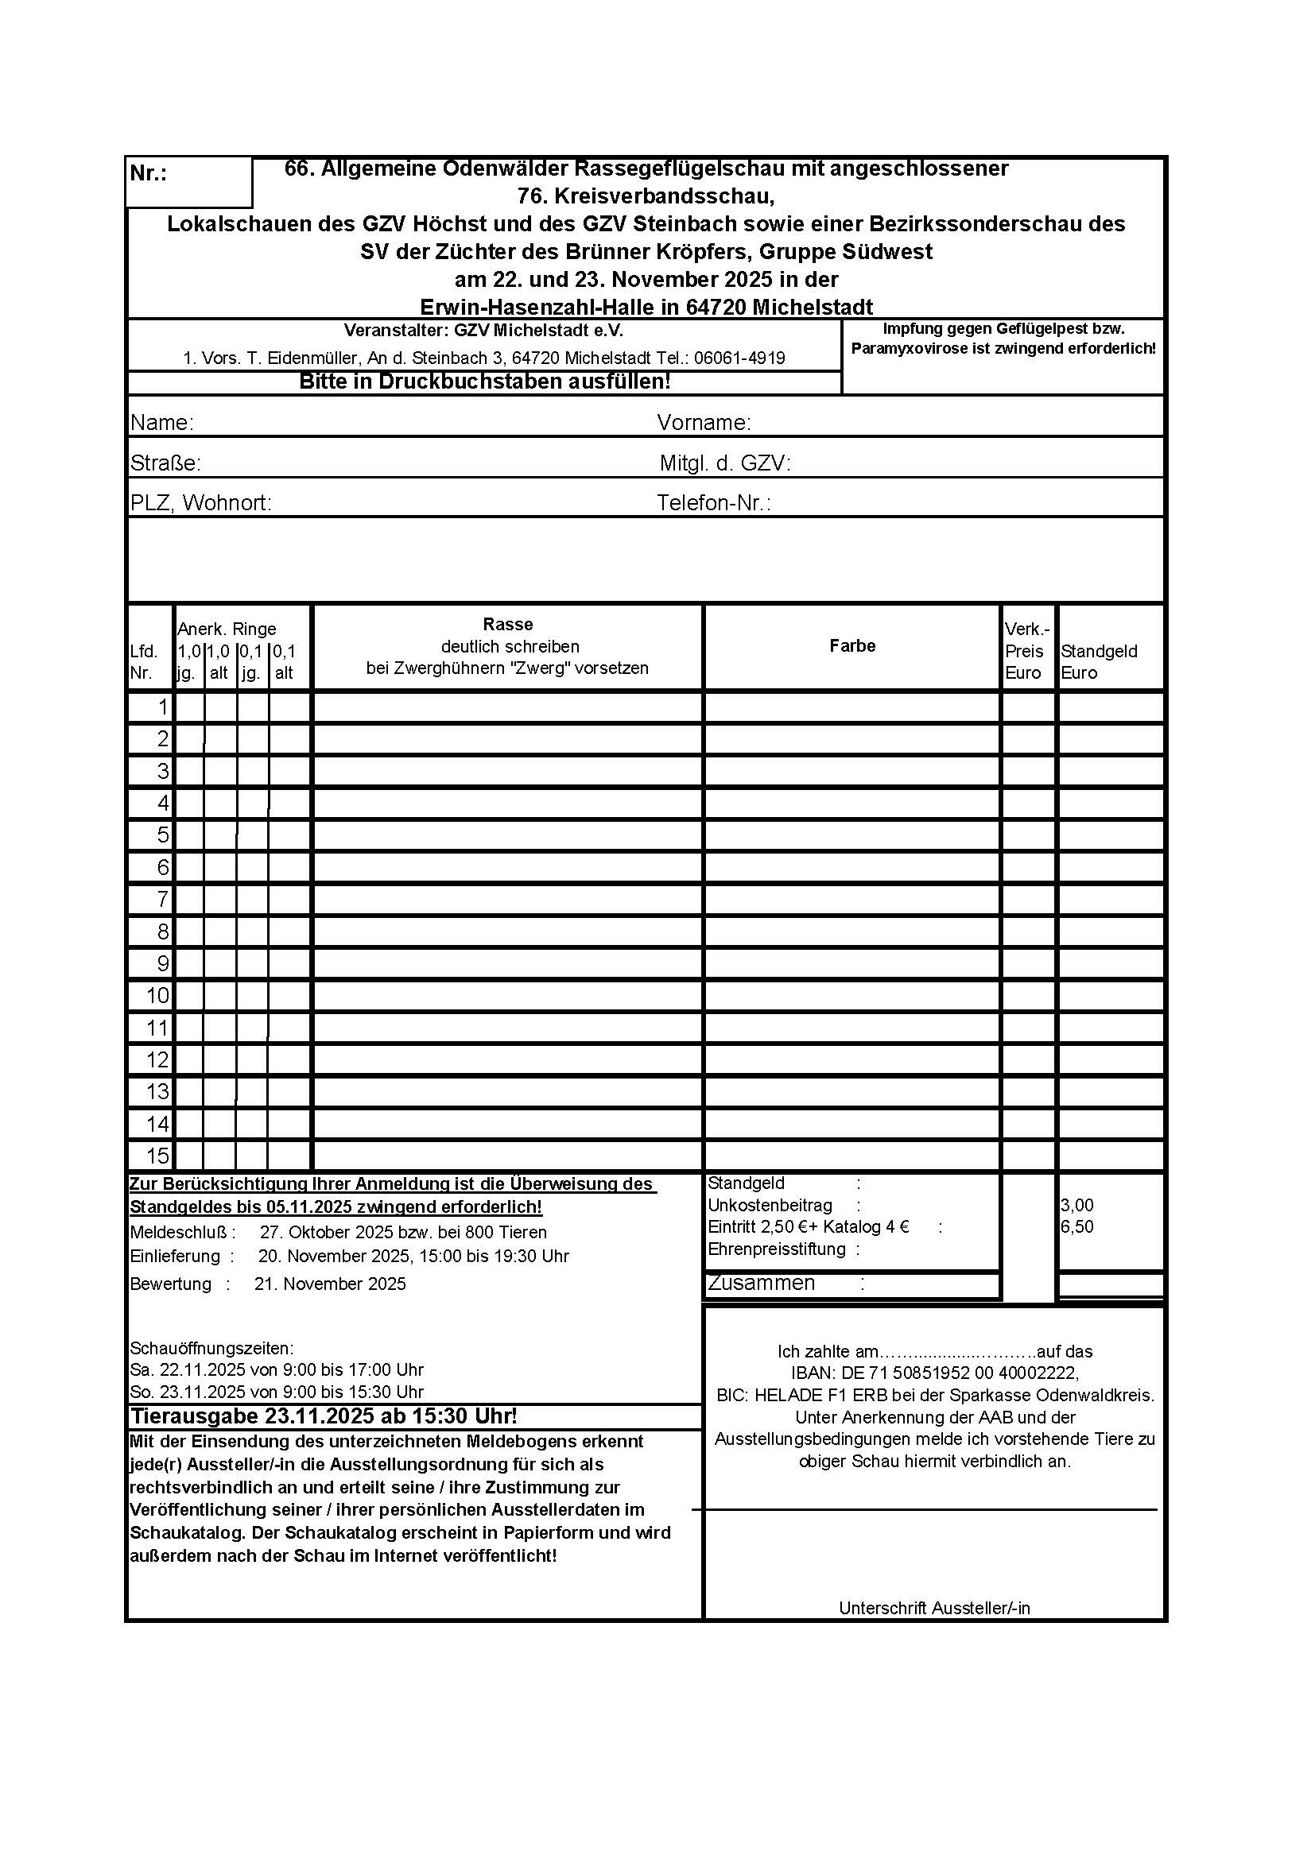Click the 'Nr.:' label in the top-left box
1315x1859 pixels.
click(x=148, y=174)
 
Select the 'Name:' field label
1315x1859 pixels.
click(x=162, y=423)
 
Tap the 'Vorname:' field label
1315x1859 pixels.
click(x=704, y=423)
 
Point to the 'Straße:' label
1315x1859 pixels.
click(x=165, y=463)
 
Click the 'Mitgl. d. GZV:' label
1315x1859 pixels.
click(x=725, y=463)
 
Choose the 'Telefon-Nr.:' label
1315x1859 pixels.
click(x=713, y=503)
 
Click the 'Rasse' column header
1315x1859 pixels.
click(x=508, y=624)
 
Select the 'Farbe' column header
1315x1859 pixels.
click(x=851, y=645)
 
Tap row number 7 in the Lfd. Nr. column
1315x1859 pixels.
click(x=162, y=900)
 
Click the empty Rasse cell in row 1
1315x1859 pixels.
click(x=508, y=707)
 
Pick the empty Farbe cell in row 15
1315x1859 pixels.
click(x=851, y=1156)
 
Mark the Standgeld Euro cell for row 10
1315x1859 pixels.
click(x=1110, y=996)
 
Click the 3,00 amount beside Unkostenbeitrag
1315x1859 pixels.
click(x=1077, y=1206)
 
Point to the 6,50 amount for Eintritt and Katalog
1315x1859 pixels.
click(x=1077, y=1226)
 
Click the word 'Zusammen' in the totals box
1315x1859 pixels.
click(x=761, y=1284)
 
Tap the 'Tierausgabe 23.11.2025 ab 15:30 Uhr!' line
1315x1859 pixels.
click(x=324, y=1416)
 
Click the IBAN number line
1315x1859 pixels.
click(x=934, y=1373)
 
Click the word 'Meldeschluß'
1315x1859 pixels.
click(x=179, y=1233)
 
